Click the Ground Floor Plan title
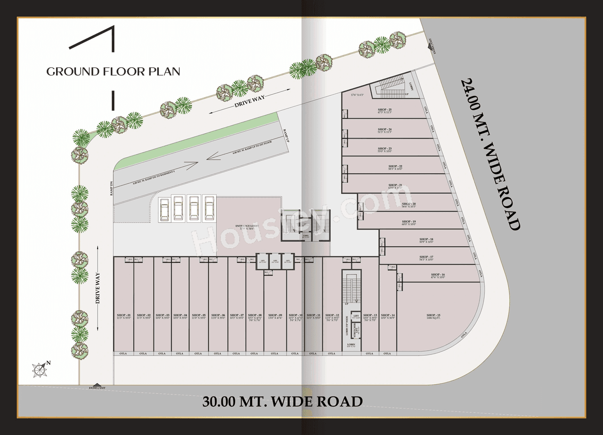[x=113, y=72]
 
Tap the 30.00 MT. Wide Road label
[x=283, y=402]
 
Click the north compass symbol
[x=40, y=370]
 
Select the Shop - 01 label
[x=123, y=315]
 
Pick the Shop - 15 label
[x=433, y=315]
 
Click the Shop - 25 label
[x=384, y=110]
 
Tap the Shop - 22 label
[x=395, y=167]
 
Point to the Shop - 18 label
[x=426, y=240]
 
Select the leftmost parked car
[x=164, y=209]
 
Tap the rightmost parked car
[x=209, y=209]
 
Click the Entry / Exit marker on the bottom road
[x=97, y=387]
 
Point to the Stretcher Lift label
[x=357, y=329]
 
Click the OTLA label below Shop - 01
[x=123, y=353]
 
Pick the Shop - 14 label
[x=388, y=315]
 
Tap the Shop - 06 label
[x=218, y=315]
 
